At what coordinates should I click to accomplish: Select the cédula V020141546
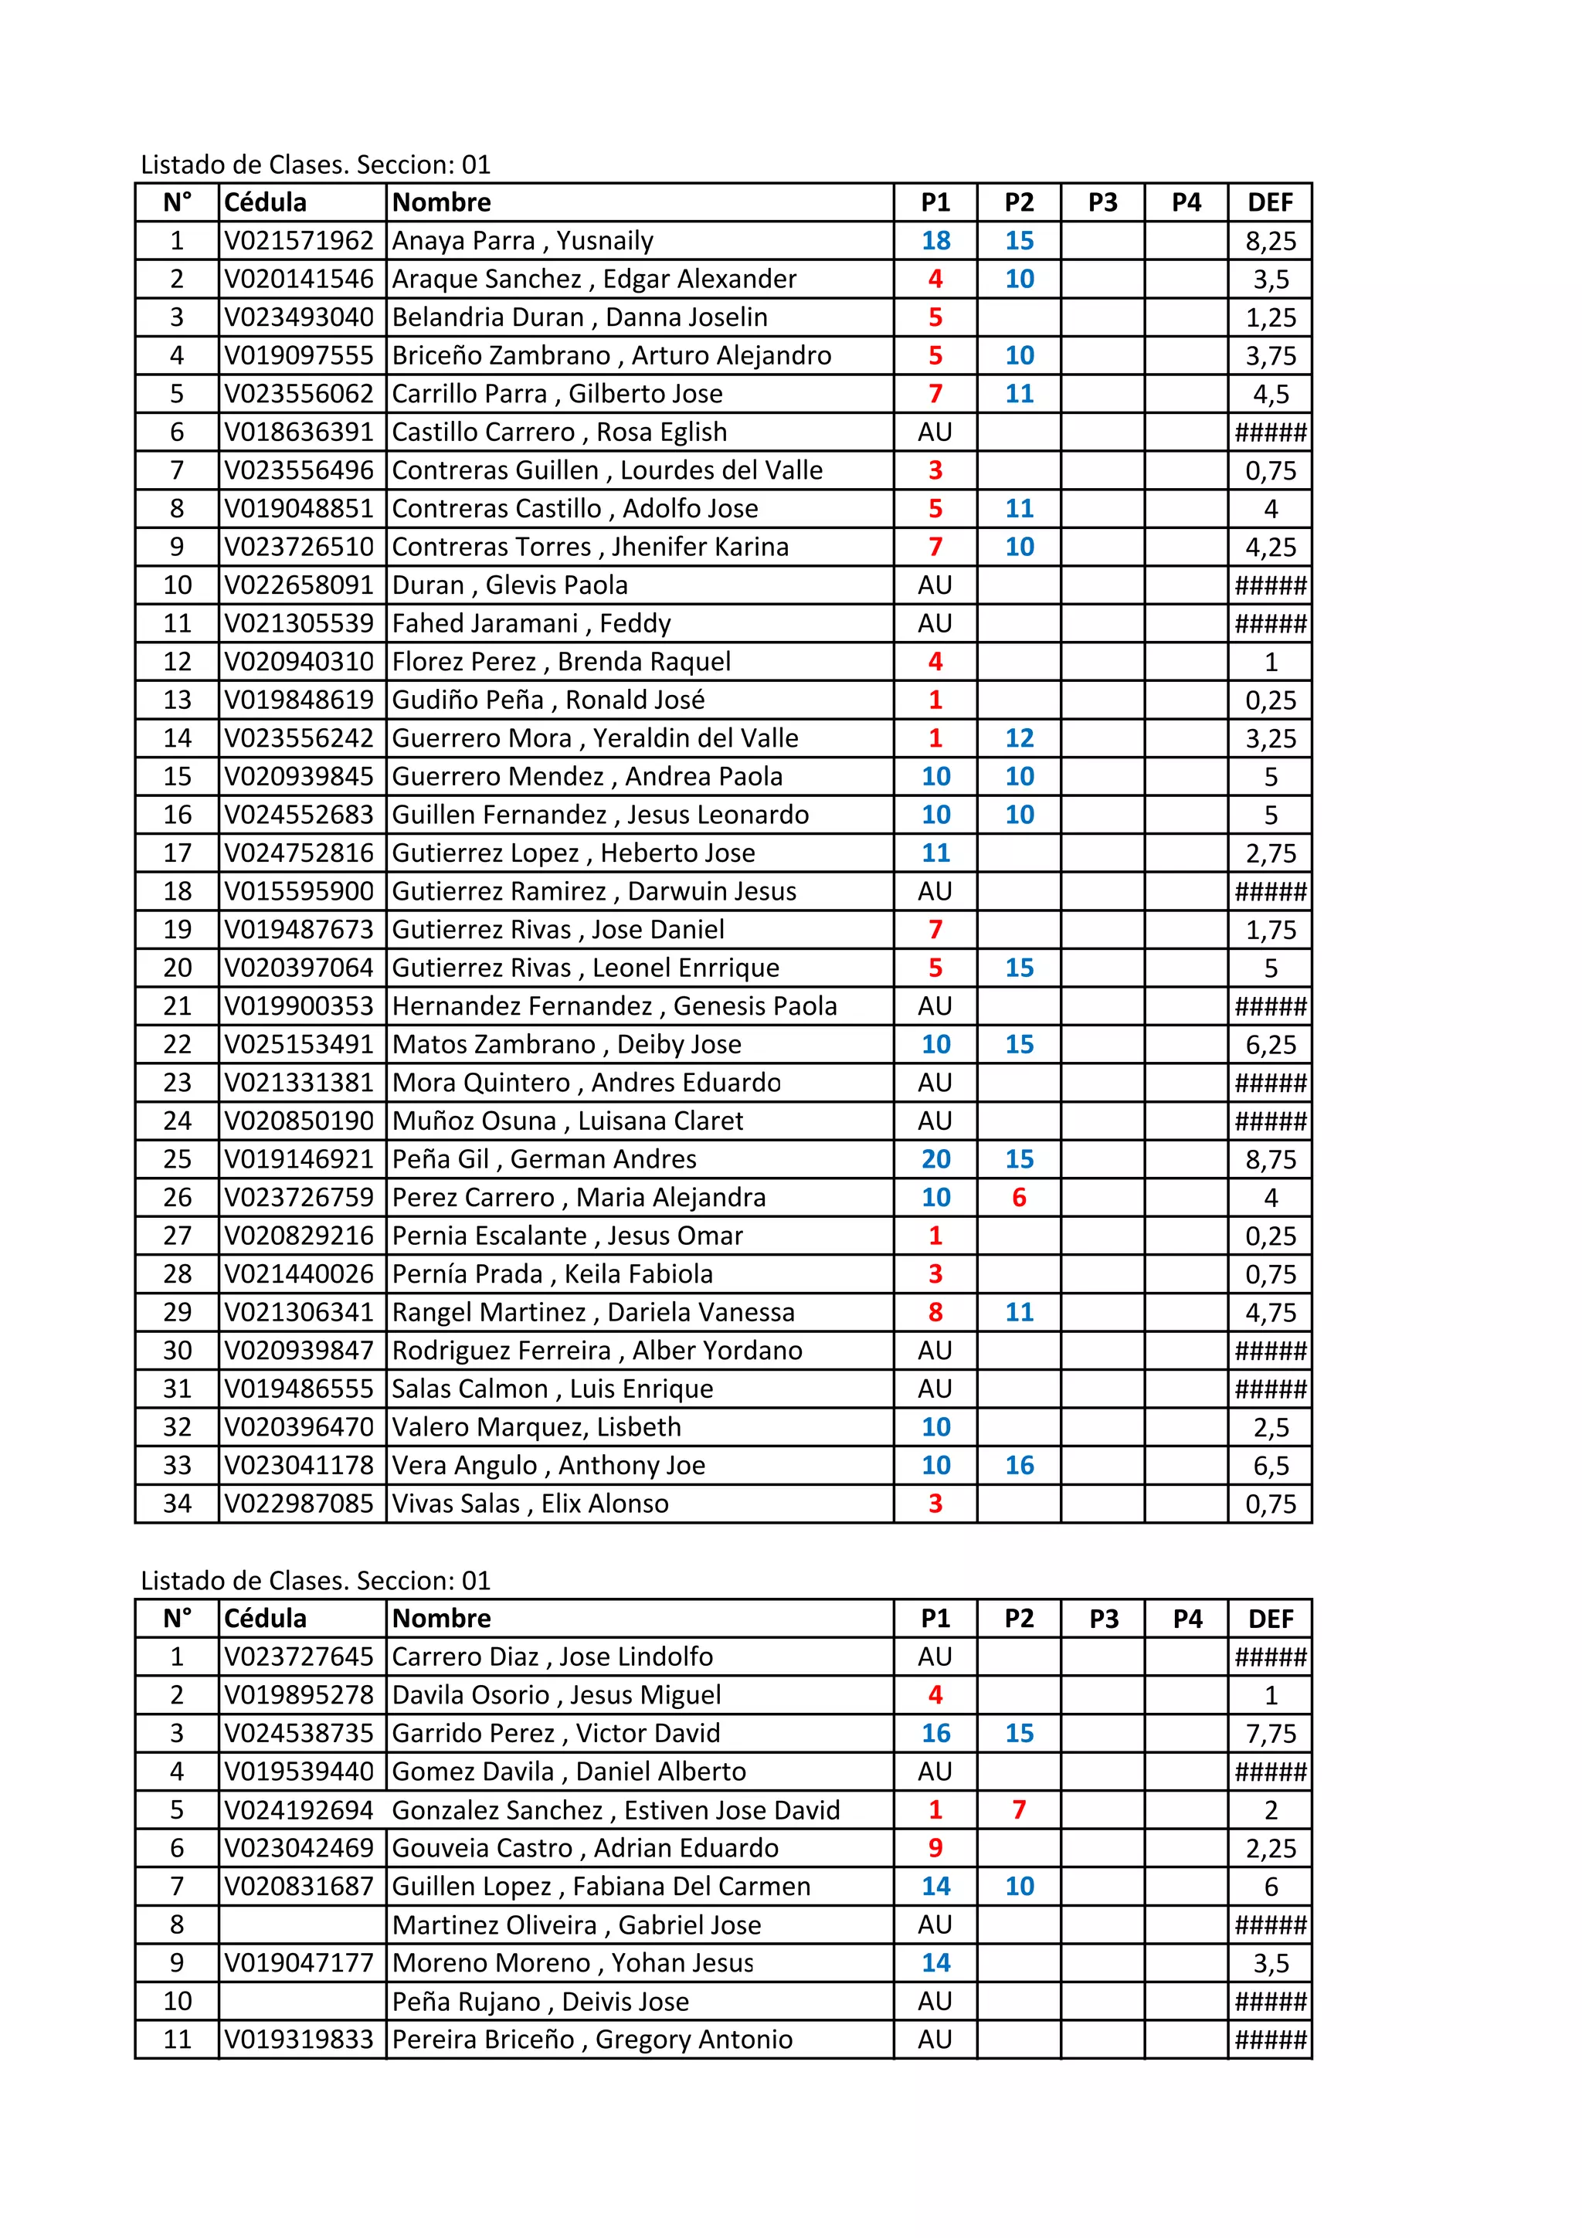299,279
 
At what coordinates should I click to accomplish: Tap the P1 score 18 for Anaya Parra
935,241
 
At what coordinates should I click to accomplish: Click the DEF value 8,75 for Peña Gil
1270,1160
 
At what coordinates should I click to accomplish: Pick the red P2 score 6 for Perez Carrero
1019,1198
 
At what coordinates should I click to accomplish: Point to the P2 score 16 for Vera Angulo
1019,1466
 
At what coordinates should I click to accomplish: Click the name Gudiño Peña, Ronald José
548,700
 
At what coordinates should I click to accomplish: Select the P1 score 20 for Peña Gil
935,1160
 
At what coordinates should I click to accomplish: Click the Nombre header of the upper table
442,203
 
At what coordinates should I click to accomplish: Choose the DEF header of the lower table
1270,1619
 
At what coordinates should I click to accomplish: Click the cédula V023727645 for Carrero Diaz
299,1657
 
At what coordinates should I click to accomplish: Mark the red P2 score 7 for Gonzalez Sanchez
1019,1810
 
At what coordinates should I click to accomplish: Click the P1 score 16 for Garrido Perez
935,1734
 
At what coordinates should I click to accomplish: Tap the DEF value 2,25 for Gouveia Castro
1270,1849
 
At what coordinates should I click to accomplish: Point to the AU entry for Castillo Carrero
934,432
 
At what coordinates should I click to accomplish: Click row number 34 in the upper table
178,1504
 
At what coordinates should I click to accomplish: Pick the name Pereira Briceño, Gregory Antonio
592,2040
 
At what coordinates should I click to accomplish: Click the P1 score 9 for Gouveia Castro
935,1849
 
